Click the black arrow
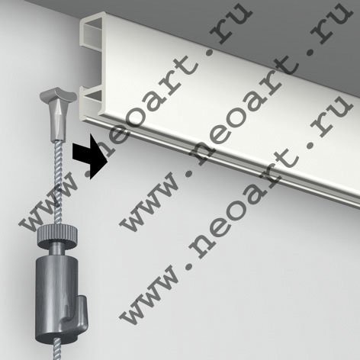tap(90, 156)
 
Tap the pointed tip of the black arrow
tap(108, 160)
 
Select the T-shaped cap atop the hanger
tap(58, 95)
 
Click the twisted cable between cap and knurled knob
tap(59, 183)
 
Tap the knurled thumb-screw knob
tap(57, 235)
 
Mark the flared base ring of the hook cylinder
tap(56, 337)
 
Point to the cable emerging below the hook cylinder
tap(57, 352)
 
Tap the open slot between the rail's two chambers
tap(92, 66)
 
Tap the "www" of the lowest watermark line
tap(150, 296)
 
